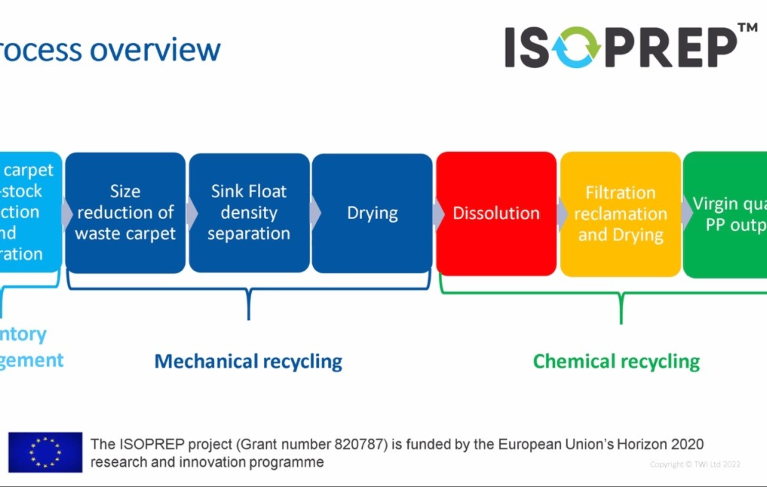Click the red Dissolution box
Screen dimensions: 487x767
point(496,213)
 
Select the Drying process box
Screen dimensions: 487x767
point(372,213)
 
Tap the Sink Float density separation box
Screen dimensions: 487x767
point(249,213)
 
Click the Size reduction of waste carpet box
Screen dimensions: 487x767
point(125,213)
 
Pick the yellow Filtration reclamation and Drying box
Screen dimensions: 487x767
point(621,214)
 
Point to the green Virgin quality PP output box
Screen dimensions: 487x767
point(727,214)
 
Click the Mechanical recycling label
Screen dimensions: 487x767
point(248,361)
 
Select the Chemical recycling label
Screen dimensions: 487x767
point(616,361)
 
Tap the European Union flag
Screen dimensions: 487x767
point(45,452)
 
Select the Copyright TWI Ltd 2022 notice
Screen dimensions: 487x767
point(695,465)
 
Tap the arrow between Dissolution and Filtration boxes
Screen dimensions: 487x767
point(562,214)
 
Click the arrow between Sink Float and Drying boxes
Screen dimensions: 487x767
point(315,213)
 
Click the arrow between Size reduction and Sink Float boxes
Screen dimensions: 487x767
point(192,214)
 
